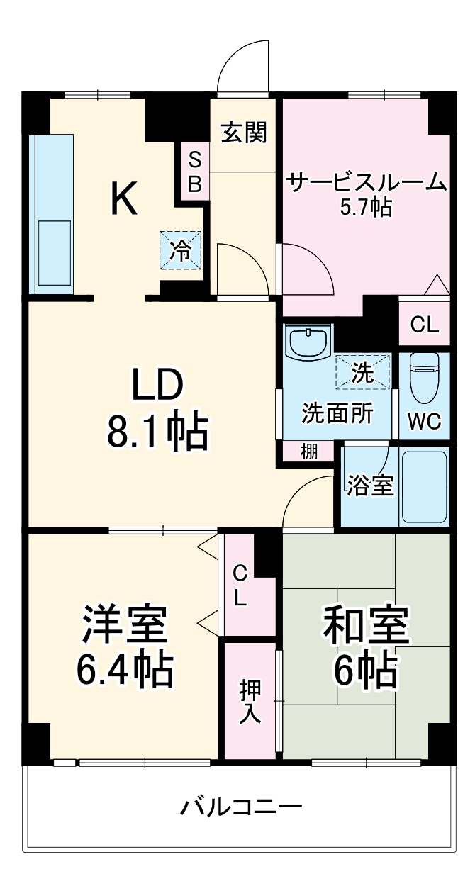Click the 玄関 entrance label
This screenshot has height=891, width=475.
[243, 132]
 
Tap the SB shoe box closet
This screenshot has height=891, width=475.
[194, 173]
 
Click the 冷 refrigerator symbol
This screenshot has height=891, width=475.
[181, 250]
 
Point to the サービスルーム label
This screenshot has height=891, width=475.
[366, 183]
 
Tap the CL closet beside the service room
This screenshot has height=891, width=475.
[425, 325]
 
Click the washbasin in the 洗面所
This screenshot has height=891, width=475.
[308, 344]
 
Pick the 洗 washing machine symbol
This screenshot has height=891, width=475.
[363, 371]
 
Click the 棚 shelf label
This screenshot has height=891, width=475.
[308, 451]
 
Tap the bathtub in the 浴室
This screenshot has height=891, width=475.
[424, 486]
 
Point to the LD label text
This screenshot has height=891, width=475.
[156, 386]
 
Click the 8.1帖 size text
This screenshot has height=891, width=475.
[157, 432]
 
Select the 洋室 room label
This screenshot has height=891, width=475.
[123, 623]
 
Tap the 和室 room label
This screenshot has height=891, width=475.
[365, 623]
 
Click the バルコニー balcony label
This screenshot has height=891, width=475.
[241, 807]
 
